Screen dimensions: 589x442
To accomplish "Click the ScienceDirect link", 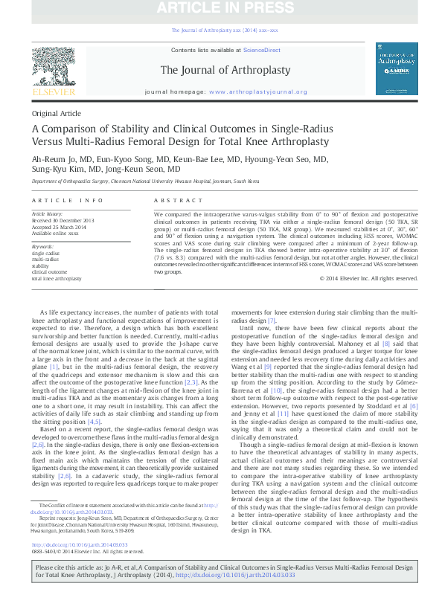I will pos(263,50).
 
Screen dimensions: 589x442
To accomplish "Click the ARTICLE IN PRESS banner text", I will pos(221,9).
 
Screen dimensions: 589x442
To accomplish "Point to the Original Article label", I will pos(56,113).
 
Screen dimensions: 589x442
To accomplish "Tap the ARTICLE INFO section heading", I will pos(67,201).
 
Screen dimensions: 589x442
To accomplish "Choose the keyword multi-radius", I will pos(45,259).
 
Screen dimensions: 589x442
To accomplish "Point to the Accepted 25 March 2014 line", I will pos(61,227).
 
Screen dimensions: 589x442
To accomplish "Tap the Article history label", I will pos(48,214).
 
